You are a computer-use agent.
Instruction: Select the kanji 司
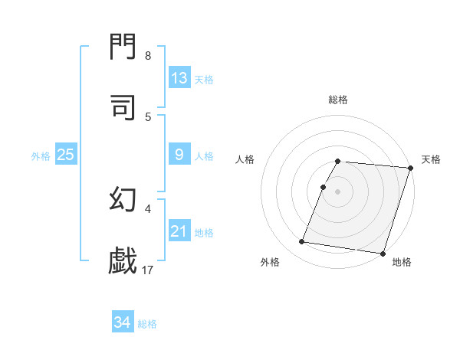(123, 108)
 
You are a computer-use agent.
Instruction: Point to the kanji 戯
(123, 260)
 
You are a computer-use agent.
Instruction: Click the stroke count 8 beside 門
(148, 56)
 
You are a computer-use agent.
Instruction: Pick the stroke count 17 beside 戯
(148, 270)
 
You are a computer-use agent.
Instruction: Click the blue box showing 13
(179, 78)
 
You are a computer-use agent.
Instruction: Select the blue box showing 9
(179, 155)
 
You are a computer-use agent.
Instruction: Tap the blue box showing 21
(179, 231)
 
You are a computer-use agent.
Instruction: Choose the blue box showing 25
(65, 155)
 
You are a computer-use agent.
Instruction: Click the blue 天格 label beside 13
(204, 80)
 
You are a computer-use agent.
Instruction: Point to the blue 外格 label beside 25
(41, 156)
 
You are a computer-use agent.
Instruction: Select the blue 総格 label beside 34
(147, 324)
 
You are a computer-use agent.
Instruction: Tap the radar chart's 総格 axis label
(338, 100)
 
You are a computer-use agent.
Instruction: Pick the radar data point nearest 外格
(302, 242)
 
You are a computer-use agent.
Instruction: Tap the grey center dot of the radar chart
(338, 191)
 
